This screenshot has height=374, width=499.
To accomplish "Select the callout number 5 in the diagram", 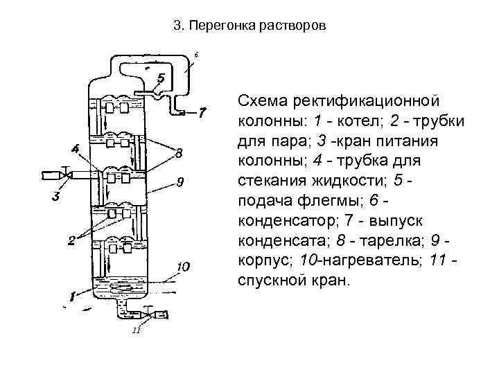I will [x=161, y=78].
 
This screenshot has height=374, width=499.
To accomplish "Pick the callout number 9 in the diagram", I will [x=179, y=183].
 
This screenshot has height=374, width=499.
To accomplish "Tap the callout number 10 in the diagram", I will [x=182, y=267].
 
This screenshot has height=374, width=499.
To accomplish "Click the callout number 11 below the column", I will [x=137, y=330].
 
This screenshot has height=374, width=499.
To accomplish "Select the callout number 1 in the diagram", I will [x=71, y=298].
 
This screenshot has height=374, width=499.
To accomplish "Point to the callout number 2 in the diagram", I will [x=71, y=240].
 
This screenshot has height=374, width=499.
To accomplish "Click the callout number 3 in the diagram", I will [x=56, y=196].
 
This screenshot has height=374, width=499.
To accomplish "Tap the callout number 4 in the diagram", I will [x=75, y=147].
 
